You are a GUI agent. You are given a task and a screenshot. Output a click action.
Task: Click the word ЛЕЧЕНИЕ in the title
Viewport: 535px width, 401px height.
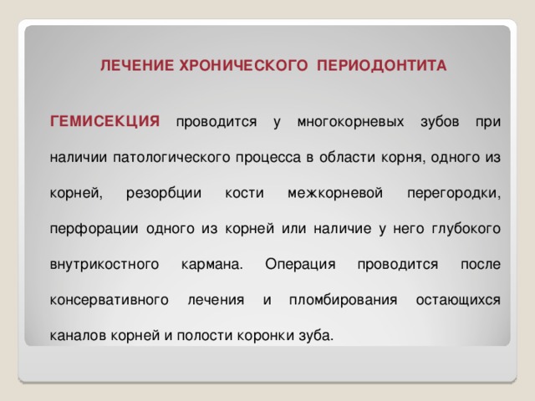pos(137,65)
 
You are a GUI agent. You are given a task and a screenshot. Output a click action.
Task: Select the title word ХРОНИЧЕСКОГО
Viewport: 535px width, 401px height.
pos(243,65)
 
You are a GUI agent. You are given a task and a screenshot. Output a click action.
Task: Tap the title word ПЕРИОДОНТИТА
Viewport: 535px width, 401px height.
pos(382,65)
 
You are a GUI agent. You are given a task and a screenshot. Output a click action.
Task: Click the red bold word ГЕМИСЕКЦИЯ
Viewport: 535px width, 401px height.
pos(104,121)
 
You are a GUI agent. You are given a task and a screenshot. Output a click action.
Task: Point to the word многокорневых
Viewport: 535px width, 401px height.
pos(350,122)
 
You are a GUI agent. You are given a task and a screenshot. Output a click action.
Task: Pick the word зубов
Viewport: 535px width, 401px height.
pos(440,122)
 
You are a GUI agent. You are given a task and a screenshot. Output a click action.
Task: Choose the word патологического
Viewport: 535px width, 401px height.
pos(171,158)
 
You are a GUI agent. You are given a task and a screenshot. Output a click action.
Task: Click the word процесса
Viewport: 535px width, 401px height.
pos(268,158)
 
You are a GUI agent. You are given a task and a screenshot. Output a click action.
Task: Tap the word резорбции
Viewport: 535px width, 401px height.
pos(164,193)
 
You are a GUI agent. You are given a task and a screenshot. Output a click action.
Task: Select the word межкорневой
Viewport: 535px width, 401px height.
pos(335,193)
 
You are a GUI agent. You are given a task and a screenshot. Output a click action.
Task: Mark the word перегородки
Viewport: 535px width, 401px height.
pos(454,194)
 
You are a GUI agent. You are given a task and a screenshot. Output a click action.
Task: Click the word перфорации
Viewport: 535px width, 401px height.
pos(94,229)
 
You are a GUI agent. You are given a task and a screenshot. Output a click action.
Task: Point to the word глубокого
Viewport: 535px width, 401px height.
pos(466,229)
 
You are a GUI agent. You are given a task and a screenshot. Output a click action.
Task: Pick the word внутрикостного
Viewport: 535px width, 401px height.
pos(104,265)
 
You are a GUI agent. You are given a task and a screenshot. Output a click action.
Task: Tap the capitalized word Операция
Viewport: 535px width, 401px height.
pos(300,265)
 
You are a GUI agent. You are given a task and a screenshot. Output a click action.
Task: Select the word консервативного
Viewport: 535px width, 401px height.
pos(110,301)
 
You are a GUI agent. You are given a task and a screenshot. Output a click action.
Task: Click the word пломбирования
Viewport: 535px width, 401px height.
pos(344,301)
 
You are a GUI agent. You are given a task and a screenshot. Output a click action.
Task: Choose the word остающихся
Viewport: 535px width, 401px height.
pos(458,301)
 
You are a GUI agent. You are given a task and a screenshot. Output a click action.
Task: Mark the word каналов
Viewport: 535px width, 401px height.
pos(79,336)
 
